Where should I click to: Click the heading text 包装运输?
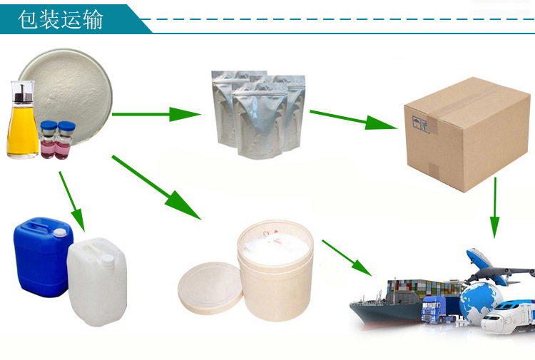tap(61, 19)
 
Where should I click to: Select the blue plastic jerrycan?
tap(44, 257)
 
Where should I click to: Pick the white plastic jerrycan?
tap(97, 282)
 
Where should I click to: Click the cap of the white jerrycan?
tap(107, 259)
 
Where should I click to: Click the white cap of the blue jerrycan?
tap(60, 233)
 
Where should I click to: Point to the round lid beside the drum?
tap(210, 288)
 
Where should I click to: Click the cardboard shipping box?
tap(467, 134)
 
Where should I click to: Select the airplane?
tap(499, 267)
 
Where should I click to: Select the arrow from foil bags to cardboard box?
tap(354, 120)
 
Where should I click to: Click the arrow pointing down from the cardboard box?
tap(495, 208)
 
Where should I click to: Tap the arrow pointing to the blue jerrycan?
tap(71, 202)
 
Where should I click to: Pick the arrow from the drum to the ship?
tap(347, 258)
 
